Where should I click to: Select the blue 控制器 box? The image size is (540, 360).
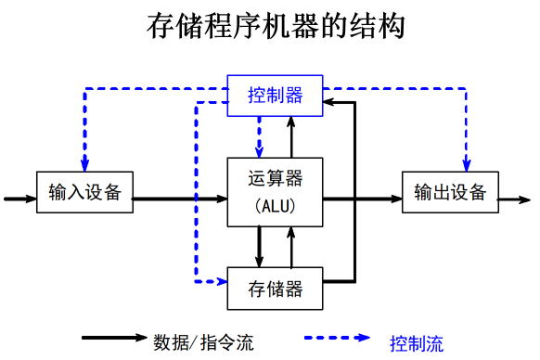tap(276, 96)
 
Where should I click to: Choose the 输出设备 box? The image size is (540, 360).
tap(450, 192)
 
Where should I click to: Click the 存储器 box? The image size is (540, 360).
tap(276, 289)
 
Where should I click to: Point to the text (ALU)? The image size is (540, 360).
tap(276, 207)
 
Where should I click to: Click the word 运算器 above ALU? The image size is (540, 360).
tap(276, 178)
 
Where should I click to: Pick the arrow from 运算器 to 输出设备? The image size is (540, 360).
tap(362, 199)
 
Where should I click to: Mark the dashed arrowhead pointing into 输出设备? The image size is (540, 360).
tap(467, 165)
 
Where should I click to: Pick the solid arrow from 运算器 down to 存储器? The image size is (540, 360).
tap(260, 247)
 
